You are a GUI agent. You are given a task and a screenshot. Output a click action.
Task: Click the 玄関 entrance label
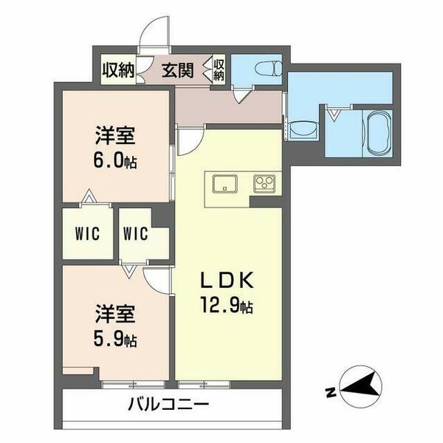click(178, 71)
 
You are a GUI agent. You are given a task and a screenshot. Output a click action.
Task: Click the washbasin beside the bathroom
click(301, 128)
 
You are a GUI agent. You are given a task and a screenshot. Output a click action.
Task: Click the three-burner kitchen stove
click(264, 182)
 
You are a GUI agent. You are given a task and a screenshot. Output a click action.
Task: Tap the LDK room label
click(229, 281)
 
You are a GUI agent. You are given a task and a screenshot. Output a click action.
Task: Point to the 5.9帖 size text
click(114, 340)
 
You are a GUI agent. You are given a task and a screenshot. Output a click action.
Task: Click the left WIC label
click(86, 233)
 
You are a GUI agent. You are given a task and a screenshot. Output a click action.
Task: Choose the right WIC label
click(137, 233)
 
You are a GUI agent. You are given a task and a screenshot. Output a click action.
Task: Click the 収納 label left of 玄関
click(118, 71)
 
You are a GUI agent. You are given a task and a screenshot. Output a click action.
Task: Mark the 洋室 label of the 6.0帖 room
click(115, 137)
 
